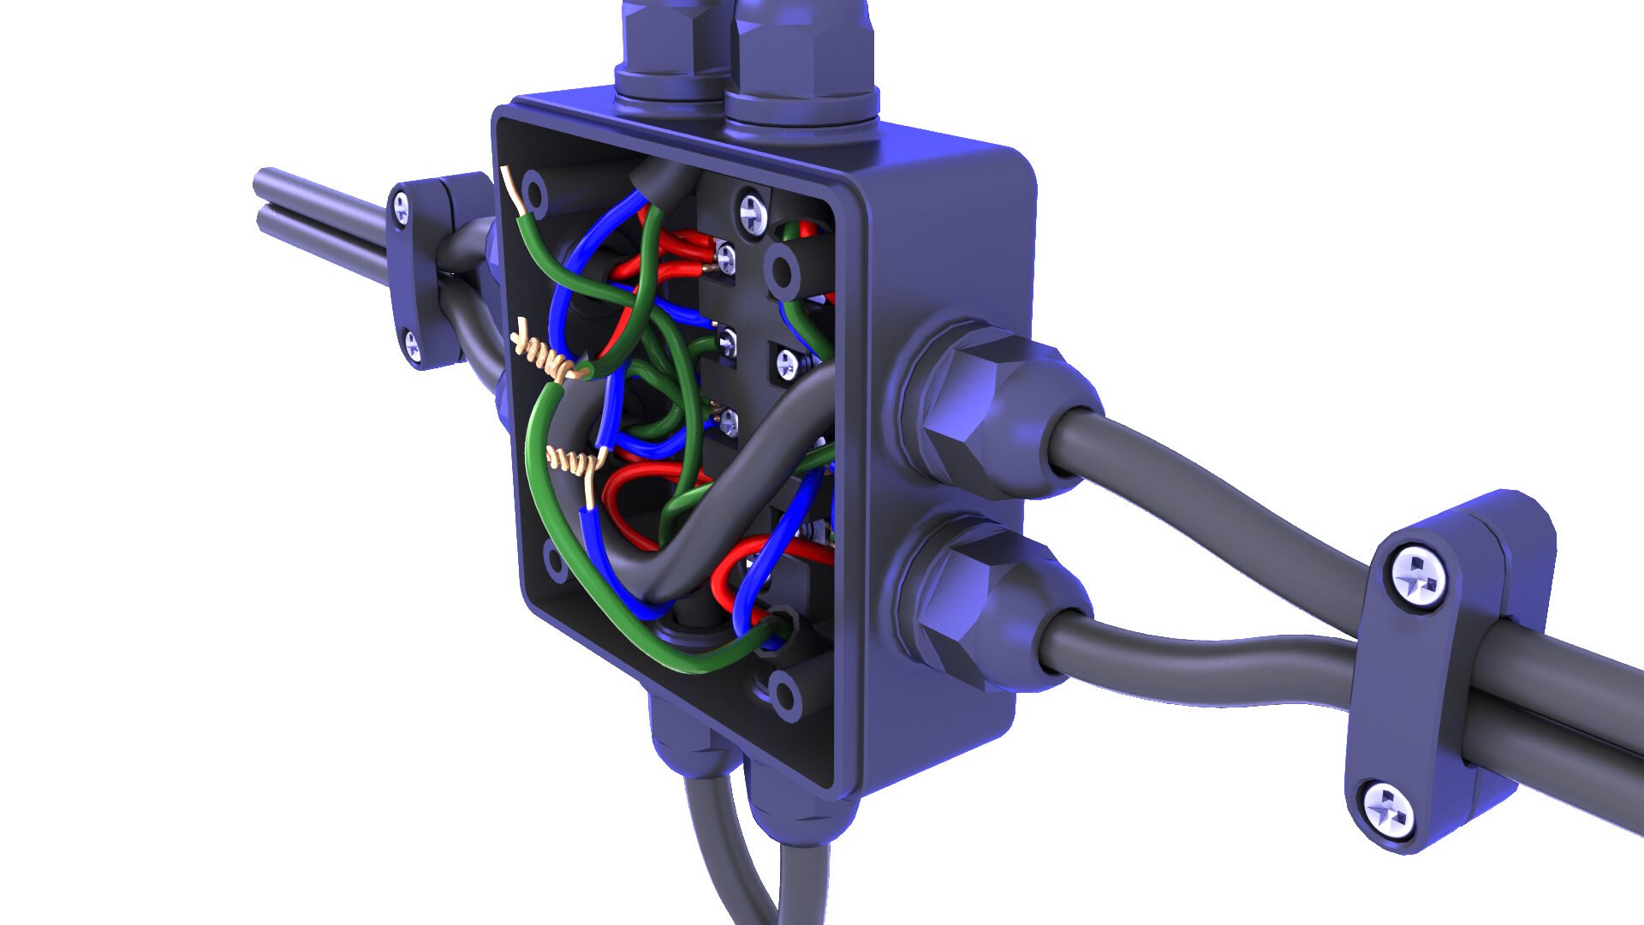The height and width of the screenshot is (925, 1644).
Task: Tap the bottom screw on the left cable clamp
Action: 413,344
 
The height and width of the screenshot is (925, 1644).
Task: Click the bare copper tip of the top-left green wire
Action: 513,190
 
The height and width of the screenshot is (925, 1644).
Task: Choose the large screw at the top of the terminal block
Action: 751,212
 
